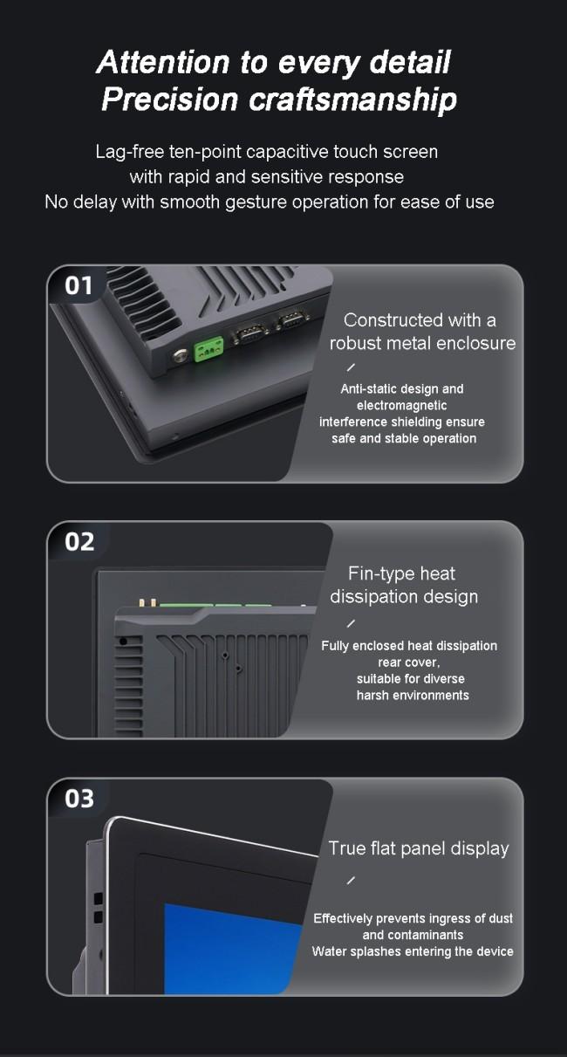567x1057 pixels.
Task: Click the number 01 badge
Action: (79, 286)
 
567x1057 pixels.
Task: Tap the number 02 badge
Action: (79, 542)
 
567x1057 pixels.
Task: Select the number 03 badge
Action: (79, 799)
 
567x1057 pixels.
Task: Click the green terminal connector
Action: (208, 349)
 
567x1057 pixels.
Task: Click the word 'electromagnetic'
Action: (402, 405)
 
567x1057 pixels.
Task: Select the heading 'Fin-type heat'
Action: (401, 573)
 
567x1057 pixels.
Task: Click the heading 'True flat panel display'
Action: (419, 848)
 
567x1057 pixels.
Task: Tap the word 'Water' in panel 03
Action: (327, 951)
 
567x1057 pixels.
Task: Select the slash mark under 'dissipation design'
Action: (351, 623)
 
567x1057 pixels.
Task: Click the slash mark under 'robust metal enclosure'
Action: (351, 367)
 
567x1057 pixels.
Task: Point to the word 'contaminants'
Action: (413, 935)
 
